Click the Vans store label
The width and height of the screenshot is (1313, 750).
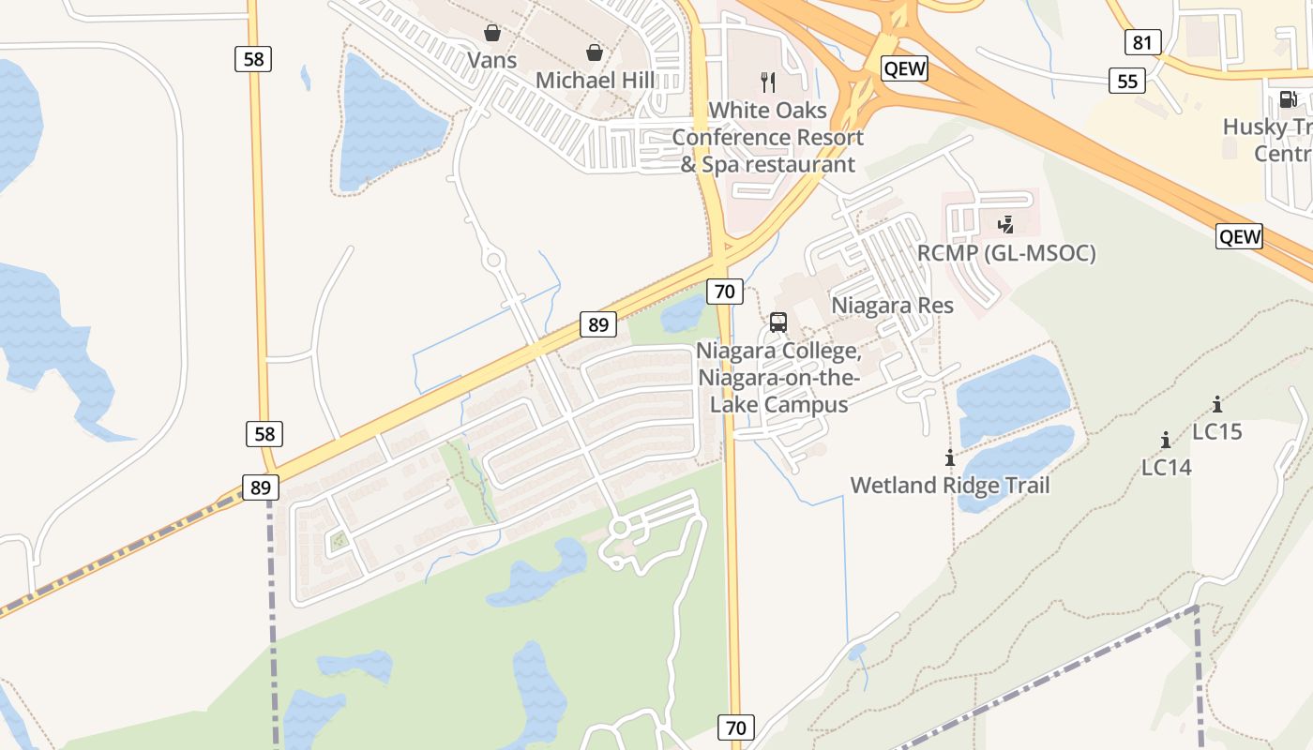(x=492, y=60)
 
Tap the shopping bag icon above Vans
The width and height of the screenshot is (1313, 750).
(x=492, y=34)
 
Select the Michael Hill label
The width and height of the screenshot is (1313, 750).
(x=595, y=81)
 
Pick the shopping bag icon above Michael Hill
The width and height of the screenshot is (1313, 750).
(x=595, y=52)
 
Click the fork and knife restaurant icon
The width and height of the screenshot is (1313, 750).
(x=768, y=82)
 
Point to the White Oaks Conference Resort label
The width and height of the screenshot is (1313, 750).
(x=768, y=137)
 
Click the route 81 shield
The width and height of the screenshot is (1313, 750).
(x=1142, y=42)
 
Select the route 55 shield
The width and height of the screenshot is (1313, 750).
(x=1127, y=81)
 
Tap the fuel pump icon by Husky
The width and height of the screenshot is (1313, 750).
(x=1289, y=98)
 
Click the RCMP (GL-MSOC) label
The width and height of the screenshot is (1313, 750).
(x=1006, y=253)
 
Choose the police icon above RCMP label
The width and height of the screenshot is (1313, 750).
(x=1006, y=225)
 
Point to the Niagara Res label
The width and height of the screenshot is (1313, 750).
(x=892, y=305)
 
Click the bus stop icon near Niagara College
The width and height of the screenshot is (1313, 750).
(x=778, y=322)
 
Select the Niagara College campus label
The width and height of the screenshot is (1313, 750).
(x=778, y=378)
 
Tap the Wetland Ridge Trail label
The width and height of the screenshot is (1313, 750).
(x=950, y=485)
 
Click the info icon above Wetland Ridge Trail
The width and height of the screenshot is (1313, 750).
(x=950, y=457)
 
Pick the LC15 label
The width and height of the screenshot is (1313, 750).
(x=1217, y=431)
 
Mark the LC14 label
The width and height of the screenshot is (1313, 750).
(x=1166, y=467)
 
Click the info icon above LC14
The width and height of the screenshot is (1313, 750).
(x=1166, y=440)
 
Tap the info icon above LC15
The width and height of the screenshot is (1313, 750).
(x=1217, y=404)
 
